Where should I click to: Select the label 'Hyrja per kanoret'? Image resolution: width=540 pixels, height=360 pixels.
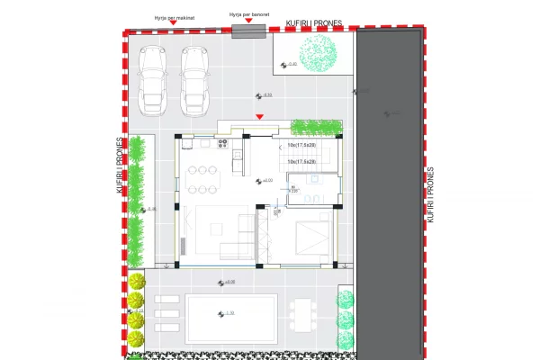(x=248, y=15)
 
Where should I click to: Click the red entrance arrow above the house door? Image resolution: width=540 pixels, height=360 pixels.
(x=260, y=117)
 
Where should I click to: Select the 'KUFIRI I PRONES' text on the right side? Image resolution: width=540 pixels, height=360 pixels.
(x=432, y=193)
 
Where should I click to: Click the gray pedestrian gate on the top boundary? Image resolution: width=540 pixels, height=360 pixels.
(x=249, y=31)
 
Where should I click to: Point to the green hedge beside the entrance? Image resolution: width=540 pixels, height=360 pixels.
(x=315, y=128)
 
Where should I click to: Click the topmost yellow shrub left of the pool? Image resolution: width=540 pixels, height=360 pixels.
(x=137, y=280)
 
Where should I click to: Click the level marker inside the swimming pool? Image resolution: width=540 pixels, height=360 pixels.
(x=226, y=313)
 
